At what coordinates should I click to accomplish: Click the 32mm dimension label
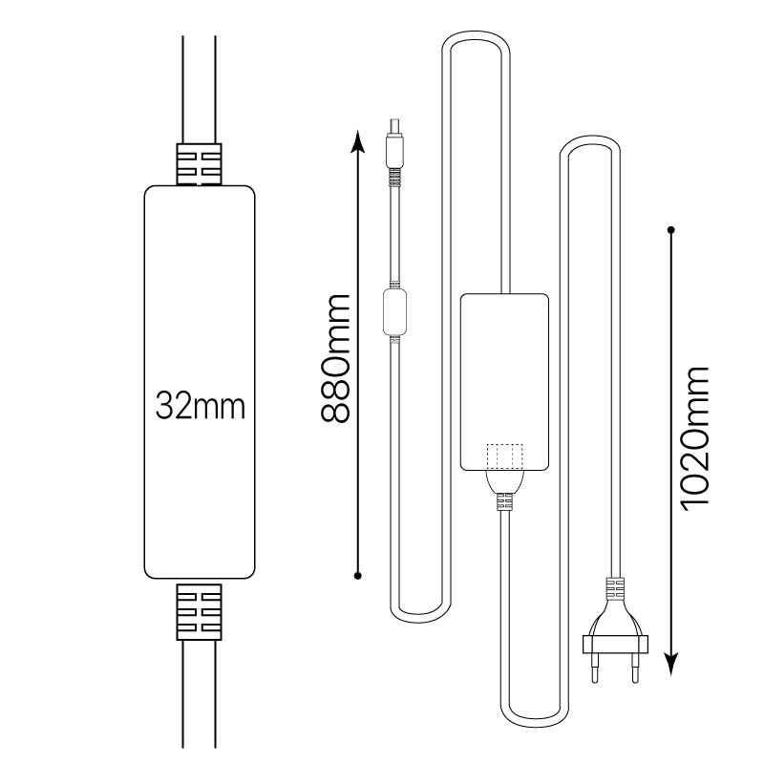[200, 406]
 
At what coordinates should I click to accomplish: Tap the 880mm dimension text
[335, 358]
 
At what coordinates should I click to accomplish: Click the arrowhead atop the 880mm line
[358, 141]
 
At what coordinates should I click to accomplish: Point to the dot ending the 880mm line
[357, 576]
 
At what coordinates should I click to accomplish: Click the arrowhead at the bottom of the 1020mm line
[671, 663]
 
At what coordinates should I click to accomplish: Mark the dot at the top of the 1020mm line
[671, 229]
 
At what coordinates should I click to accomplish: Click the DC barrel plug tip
[394, 126]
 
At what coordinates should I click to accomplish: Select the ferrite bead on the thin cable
[394, 312]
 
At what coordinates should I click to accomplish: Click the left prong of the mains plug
[595, 667]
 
